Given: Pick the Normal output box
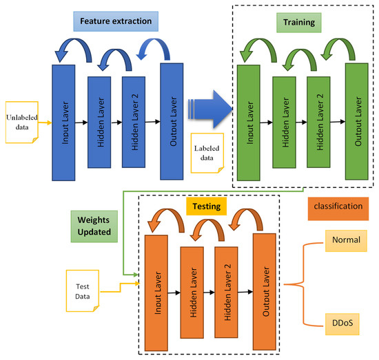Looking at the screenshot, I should (x=344, y=241).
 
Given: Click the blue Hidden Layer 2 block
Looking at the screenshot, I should (x=134, y=121).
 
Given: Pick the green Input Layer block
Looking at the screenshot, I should (x=249, y=123).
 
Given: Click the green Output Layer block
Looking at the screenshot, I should (x=357, y=121).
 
